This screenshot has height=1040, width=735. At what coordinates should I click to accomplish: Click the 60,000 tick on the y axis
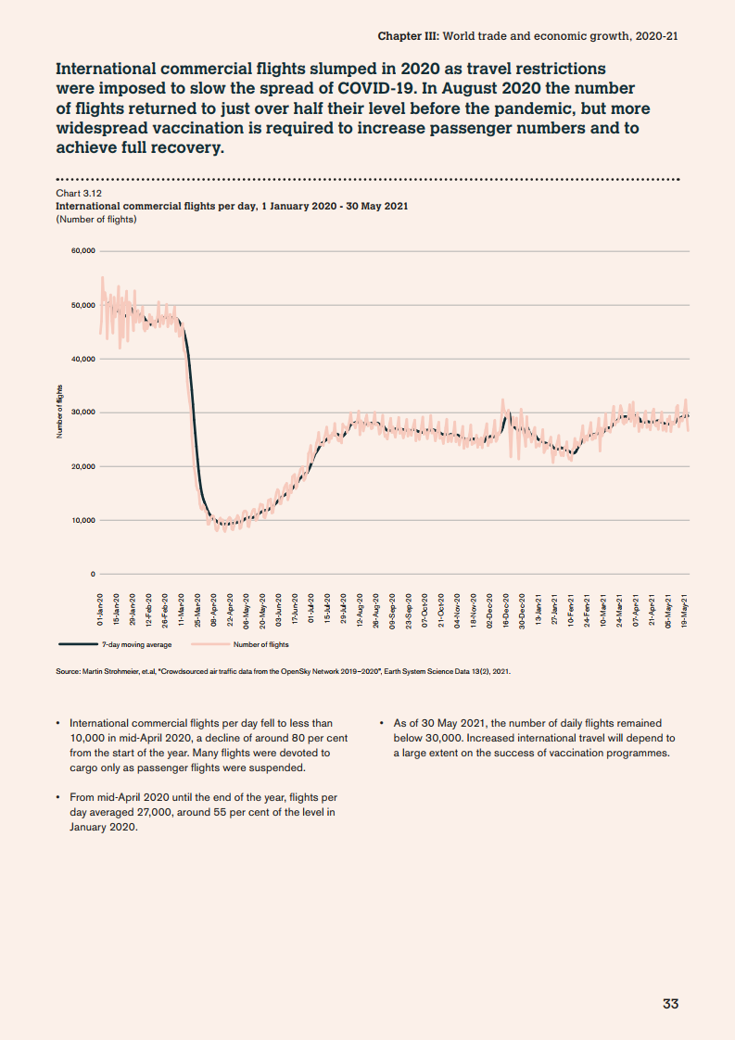pos(82,251)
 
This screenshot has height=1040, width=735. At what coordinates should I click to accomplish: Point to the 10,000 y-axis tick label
pos(82,520)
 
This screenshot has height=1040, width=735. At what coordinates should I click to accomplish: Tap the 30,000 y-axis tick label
pos(82,412)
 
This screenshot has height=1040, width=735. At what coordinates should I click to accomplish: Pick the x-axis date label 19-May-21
pos(685,611)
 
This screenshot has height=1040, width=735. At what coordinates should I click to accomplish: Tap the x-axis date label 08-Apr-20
pos(214,611)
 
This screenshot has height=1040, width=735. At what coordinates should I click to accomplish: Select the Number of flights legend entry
pos(260,644)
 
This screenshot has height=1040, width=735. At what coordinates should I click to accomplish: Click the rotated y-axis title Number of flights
pos(58,411)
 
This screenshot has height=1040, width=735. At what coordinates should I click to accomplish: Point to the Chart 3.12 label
pos(79,193)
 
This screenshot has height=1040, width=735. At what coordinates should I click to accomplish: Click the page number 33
pos(671,1004)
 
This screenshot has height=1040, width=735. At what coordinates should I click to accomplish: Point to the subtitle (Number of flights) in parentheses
pos(96,220)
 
